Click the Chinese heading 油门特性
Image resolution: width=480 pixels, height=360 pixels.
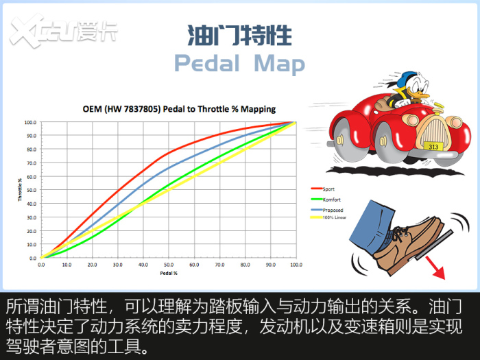240,36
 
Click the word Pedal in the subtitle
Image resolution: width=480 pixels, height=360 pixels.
207,63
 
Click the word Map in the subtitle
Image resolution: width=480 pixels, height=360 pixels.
280,64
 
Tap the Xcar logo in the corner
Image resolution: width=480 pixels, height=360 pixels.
63,31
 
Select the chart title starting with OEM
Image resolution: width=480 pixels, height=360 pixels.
179,109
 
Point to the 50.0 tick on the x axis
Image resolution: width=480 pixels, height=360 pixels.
169,265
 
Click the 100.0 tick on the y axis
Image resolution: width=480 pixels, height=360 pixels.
30,123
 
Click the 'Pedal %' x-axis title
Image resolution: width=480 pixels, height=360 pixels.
169,273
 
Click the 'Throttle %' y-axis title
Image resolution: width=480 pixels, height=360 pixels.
20,190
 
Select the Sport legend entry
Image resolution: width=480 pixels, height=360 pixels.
323,189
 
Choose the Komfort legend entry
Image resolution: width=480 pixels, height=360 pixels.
326,200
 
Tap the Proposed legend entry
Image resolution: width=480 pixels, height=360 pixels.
327,210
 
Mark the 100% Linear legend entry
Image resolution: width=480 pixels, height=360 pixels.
328,217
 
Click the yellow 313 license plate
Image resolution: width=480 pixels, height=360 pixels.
433,147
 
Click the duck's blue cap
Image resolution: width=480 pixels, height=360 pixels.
405,79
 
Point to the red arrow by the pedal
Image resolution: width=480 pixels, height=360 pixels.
435,267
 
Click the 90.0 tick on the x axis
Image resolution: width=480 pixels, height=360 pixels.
271,265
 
